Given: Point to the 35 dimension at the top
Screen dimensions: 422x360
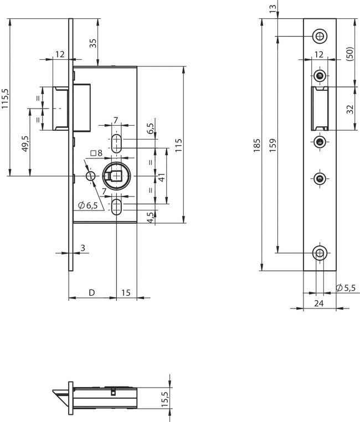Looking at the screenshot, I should [92, 43].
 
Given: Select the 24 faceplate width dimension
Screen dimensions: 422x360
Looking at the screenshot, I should [318, 303].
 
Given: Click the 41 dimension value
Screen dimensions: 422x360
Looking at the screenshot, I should [162, 177].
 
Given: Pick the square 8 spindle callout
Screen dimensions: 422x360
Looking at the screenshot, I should [96, 153].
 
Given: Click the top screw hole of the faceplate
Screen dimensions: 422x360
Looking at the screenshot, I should [319, 36].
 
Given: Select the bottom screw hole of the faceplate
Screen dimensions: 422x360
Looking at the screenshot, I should [319, 253].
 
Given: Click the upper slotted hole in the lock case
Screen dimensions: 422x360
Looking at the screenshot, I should [117, 143].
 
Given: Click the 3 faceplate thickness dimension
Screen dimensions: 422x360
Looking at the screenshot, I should [83, 248].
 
